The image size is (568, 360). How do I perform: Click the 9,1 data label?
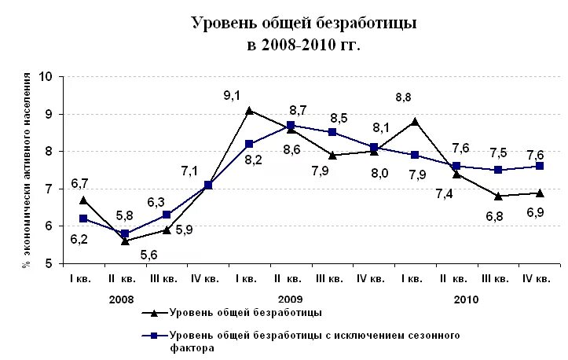231,96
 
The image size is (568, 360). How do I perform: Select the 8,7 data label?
298,110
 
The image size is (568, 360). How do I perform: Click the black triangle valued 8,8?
415,121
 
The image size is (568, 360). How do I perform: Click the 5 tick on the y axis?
48,263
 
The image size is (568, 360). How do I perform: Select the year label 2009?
290,299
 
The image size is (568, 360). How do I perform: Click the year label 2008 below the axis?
121,299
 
